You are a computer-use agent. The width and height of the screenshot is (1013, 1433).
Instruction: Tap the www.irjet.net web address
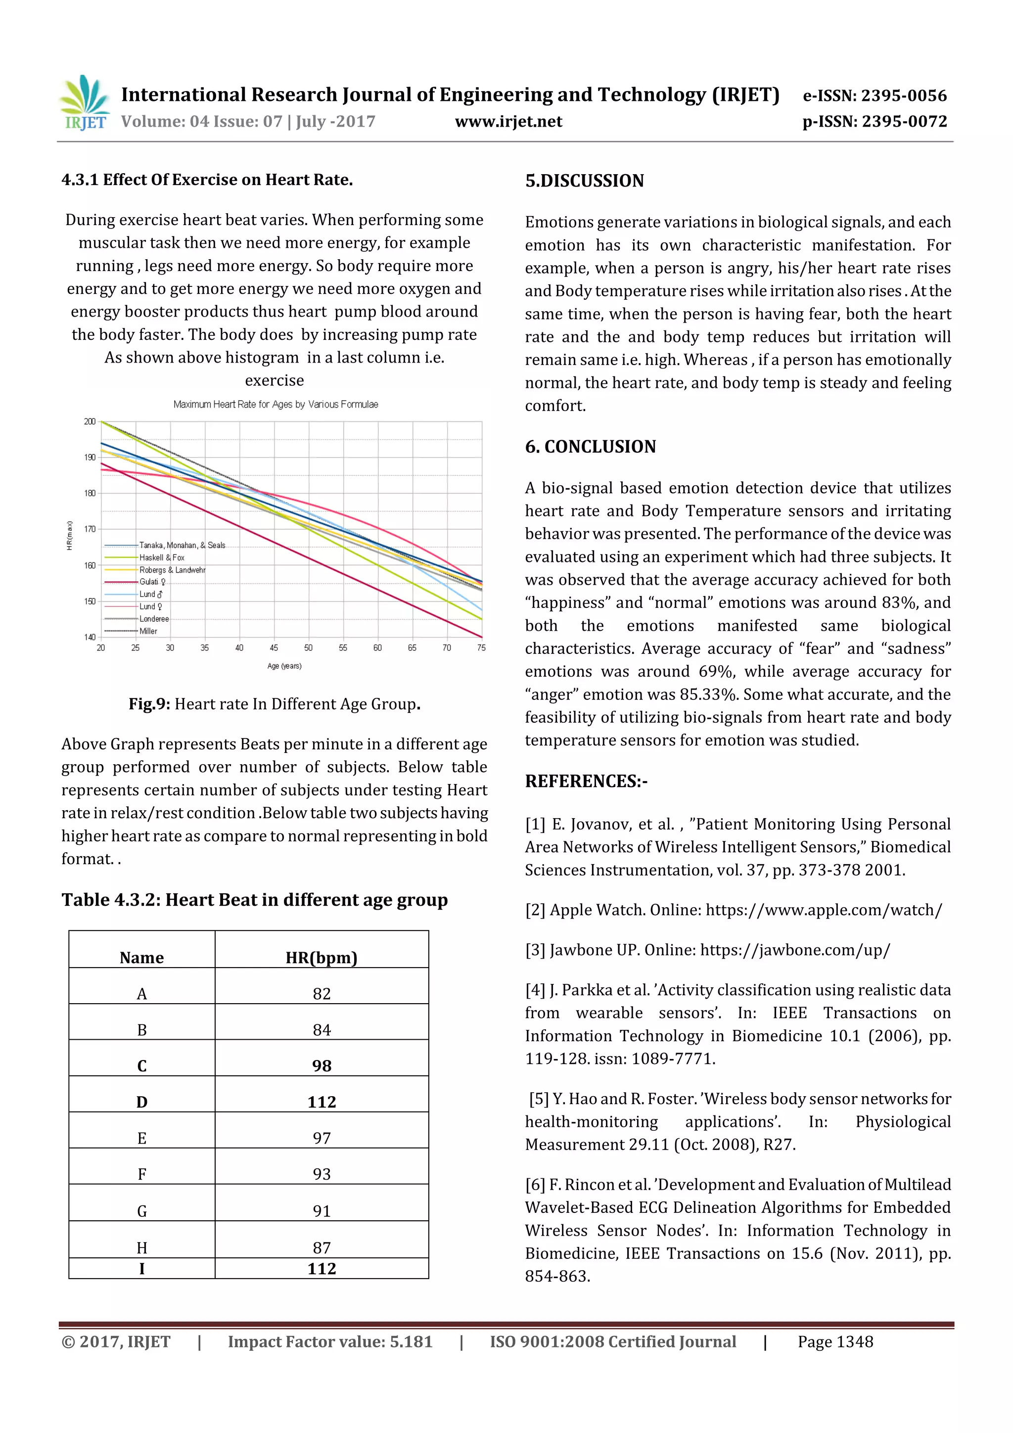[508, 122]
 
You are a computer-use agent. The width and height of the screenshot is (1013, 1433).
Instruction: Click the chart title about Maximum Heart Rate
[275, 405]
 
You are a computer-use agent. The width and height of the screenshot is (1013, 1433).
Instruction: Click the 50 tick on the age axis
[308, 648]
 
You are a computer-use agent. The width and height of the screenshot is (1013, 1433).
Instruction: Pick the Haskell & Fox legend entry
[162, 557]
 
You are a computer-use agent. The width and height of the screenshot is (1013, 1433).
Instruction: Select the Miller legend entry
[148, 631]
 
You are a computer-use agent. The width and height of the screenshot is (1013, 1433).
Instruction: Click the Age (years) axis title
[284, 666]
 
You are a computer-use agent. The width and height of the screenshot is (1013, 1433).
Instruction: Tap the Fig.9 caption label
[149, 704]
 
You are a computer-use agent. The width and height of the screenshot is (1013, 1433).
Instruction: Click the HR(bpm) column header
[322, 958]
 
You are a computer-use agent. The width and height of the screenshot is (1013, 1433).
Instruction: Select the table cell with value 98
[322, 1065]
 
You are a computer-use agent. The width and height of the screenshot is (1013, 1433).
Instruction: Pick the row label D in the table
[141, 1102]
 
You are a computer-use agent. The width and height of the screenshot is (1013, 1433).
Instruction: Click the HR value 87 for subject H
[322, 1248]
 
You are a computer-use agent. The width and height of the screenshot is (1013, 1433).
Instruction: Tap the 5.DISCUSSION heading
[584, 181]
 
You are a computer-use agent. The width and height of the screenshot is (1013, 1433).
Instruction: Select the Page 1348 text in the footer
[835, 1342]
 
